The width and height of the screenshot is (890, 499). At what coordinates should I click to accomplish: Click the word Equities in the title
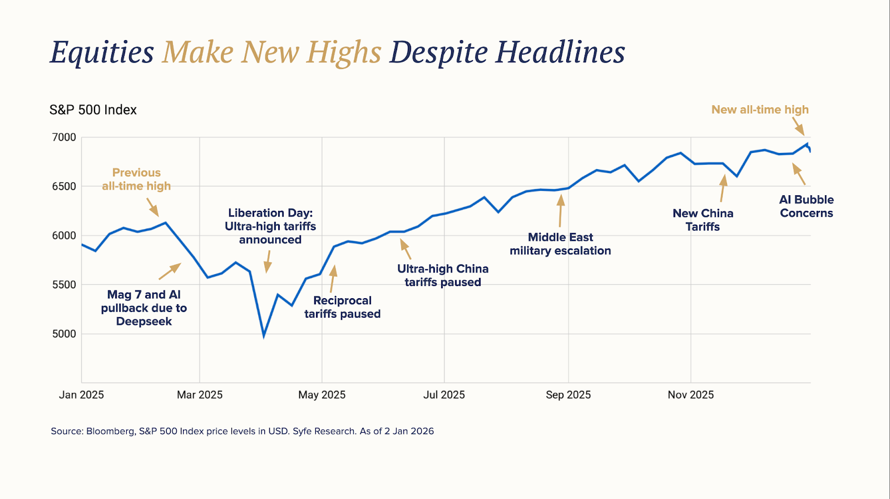[x=102, y=52]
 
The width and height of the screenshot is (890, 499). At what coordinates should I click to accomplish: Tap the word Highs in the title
[x=344, y=52]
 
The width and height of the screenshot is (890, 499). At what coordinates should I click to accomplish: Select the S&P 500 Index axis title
[x=93, y=110]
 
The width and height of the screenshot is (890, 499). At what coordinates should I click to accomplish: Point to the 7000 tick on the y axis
[x=64, y=137]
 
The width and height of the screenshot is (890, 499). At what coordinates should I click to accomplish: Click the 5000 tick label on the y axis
[x=64, y=334]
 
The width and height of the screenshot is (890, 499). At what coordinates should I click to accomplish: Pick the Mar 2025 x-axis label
[x=200, y=395]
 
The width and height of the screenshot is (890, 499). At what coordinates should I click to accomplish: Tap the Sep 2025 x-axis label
[x=568, y=395]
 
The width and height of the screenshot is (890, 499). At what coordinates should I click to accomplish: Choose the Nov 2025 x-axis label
[x=690, y=395]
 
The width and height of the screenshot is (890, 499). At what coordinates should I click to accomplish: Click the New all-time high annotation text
[x=760, y=110]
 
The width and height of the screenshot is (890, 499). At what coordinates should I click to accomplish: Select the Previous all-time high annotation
[x=136, y=179]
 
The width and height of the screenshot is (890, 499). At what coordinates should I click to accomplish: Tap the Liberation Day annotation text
[x=270, y=226]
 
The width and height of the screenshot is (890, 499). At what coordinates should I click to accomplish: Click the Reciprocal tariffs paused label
[x=342, y=307]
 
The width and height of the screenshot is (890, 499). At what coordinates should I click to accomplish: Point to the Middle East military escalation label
[x=560, y=244]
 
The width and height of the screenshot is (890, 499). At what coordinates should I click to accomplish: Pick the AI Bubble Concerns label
[x=806, y=206]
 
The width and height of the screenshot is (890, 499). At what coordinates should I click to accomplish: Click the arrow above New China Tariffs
[x=723, y=188]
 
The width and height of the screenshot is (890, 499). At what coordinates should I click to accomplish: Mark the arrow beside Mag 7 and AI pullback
[x=170, y=271]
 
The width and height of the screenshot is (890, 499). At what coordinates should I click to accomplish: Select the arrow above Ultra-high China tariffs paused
[x=406, y=249]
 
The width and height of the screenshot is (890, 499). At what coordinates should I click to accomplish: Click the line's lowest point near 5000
[x=264, y=335]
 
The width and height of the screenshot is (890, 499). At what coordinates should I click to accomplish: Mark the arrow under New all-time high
[x=798, y=126]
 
